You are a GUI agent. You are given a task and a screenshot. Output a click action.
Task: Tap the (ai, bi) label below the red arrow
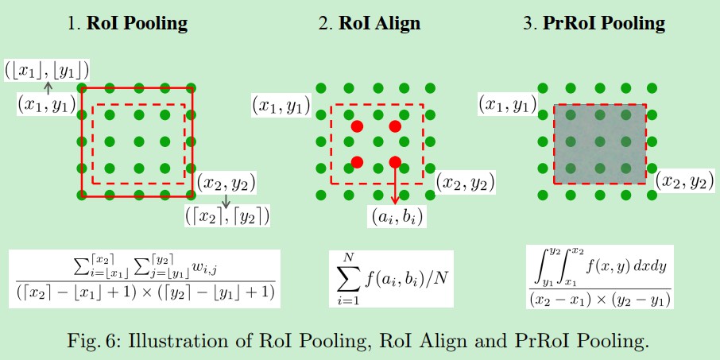397,215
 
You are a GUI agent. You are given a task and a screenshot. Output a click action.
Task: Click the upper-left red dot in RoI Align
357,126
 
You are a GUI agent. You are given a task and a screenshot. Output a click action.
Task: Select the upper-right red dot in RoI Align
395,126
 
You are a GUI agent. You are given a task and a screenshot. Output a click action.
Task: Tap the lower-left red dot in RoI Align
357,162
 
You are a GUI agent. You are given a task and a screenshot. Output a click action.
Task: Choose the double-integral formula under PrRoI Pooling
600,277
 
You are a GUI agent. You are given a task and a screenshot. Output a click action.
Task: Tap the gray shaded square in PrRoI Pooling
600,144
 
